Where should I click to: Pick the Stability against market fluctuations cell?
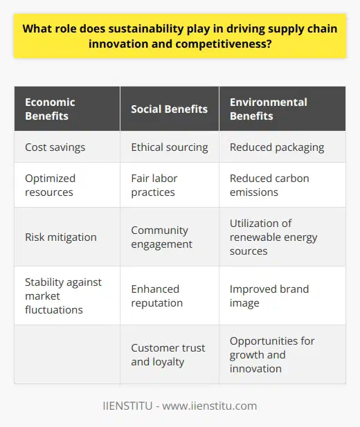click(65, 296)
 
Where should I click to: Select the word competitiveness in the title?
click(234, 48)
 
